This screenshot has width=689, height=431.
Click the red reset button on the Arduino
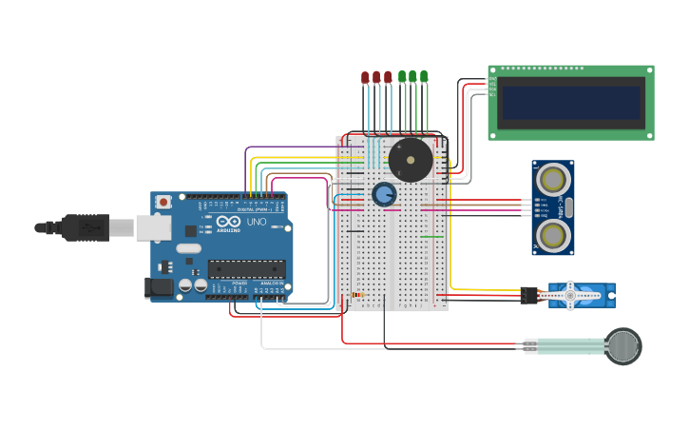(163, 202)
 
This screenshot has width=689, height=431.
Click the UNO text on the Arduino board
(257, 222)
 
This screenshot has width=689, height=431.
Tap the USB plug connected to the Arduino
(85, 227)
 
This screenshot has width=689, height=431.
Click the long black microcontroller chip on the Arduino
(246, 269)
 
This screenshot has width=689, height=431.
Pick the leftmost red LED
(365, 77)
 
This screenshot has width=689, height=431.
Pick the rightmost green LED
(424, 76)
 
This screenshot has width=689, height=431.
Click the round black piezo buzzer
(411, 160)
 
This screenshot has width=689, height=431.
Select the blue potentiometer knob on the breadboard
(384, 194)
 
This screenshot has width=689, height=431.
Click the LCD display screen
(570, 102)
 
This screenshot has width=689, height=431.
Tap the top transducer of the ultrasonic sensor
(552, 179)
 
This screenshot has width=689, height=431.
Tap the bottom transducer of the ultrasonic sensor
(552, 235)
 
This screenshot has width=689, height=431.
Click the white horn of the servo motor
(570, 296)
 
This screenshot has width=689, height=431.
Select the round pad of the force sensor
(623, 345)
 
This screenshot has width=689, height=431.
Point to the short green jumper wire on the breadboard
(431, 237)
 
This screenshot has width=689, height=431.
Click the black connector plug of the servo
(528, 296)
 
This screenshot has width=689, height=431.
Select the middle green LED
(412, 76)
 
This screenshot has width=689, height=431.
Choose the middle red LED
(376, 77)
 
